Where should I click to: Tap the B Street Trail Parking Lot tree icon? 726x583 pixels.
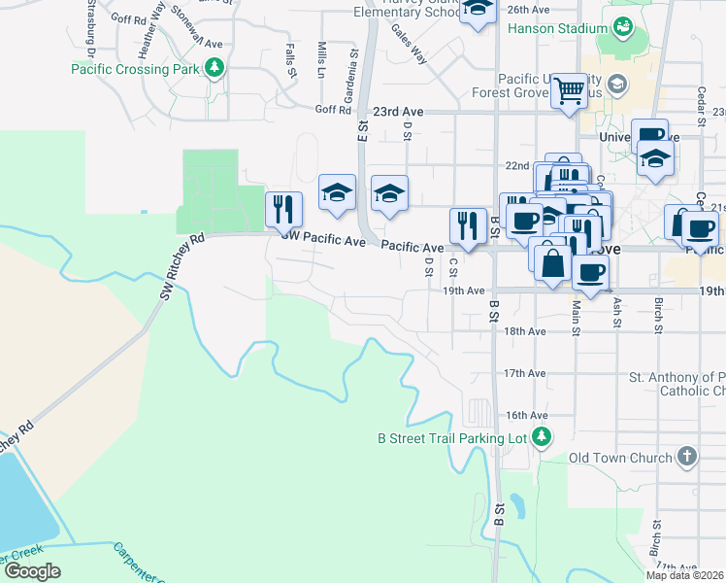[x=543, y=438]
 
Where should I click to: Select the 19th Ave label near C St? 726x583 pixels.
[x=463, y=291]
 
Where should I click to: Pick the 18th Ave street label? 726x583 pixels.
[x=525, y=331]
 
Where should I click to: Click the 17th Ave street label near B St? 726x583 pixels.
[x=525, y=373]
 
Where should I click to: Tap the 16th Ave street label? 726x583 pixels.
[x=525, y=415]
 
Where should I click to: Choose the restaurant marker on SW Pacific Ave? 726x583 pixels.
[x=283, y=209]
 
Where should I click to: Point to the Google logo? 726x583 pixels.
[x=32, y=571]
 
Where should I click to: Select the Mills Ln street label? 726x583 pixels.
[x=321, y=58]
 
